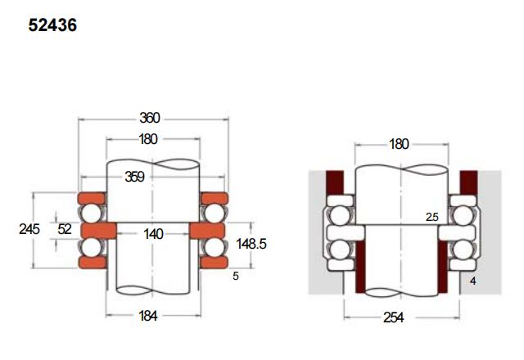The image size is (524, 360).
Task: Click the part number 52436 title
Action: point(52,25)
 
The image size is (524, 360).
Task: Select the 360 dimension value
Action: point(150,118)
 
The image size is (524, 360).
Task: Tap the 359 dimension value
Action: point(134,177)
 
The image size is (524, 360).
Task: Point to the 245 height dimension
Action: point(29,229)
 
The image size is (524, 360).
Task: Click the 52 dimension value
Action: point(65,229)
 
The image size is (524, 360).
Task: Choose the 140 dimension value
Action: point(153,234)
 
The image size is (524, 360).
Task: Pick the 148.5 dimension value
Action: point(251,244)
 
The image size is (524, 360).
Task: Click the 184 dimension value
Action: point(148,316)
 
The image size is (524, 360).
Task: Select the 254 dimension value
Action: point(393,317)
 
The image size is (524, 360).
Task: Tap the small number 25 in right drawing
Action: point(431,217)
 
